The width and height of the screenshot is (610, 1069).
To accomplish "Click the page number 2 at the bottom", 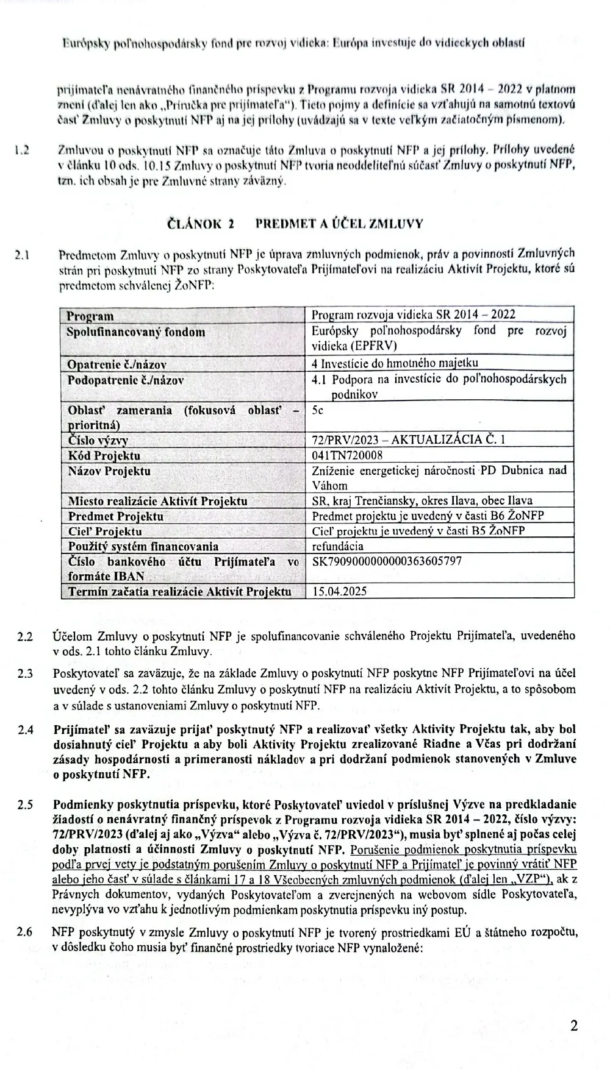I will (x=573, y=1025).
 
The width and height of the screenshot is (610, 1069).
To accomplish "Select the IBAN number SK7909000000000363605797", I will (x=387, y=561).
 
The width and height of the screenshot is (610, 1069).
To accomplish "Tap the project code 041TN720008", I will (x=347, y=455).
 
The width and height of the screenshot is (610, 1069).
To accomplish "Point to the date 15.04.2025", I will (x=339, y=591).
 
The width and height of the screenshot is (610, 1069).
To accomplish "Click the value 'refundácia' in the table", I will (x=337, y=546).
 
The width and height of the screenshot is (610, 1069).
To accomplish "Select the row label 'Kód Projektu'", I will (x=104, y=455).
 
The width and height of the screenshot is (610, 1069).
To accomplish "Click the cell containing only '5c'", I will (x=318, y=410).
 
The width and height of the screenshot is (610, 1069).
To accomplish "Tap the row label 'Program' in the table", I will (x=90, y=316).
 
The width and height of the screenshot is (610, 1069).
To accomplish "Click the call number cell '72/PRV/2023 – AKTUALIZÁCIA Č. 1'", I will (x=408, y=439).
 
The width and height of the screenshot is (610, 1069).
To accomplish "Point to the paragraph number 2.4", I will (x=26, y=730).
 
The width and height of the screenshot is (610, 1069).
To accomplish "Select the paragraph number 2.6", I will (x=26, y=932).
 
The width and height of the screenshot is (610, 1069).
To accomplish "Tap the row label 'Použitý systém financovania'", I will (x=143, y=546).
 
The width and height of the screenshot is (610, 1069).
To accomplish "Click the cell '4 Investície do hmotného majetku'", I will (x=395, y=364).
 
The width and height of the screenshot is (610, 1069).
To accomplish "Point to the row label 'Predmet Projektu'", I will (x=115, y=516).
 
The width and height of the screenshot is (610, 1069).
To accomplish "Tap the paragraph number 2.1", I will (x=24, y=255).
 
